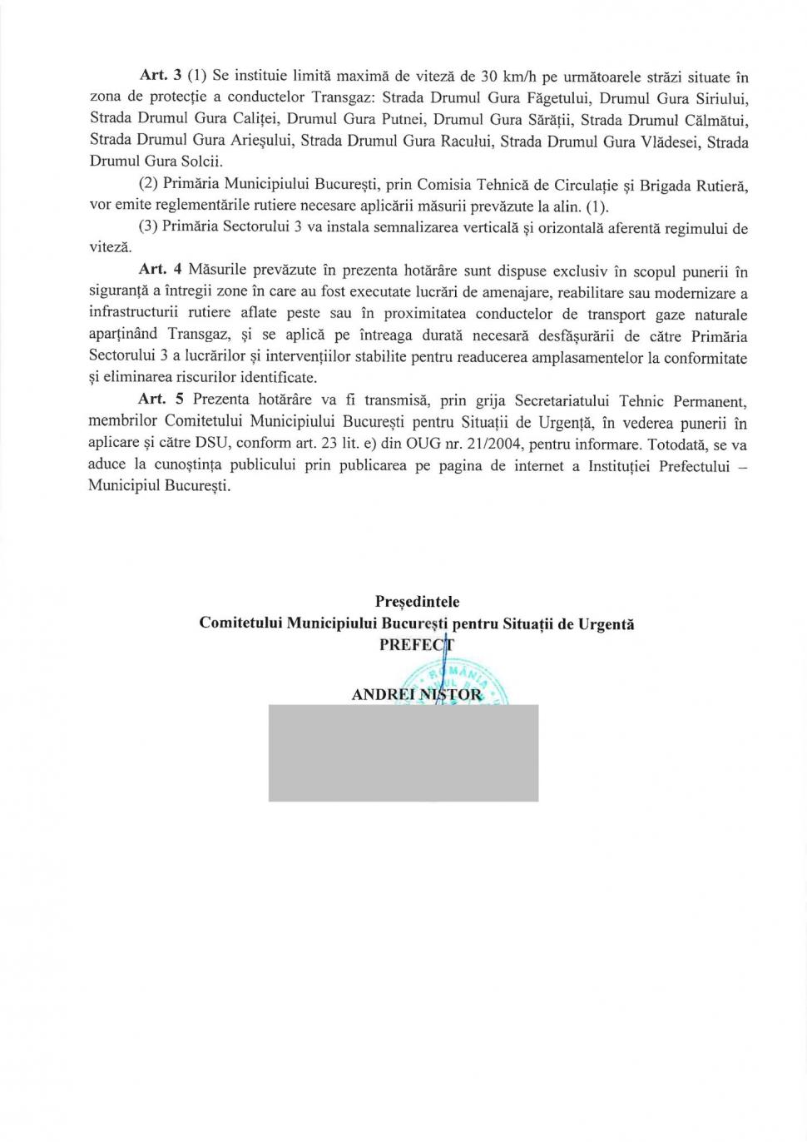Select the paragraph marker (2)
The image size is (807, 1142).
[148, 185]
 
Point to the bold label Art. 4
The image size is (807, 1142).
[156, 271]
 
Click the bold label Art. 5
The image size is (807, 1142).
[156, 400]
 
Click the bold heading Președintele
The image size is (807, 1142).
[417, 601]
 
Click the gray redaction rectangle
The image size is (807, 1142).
[403, 752]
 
